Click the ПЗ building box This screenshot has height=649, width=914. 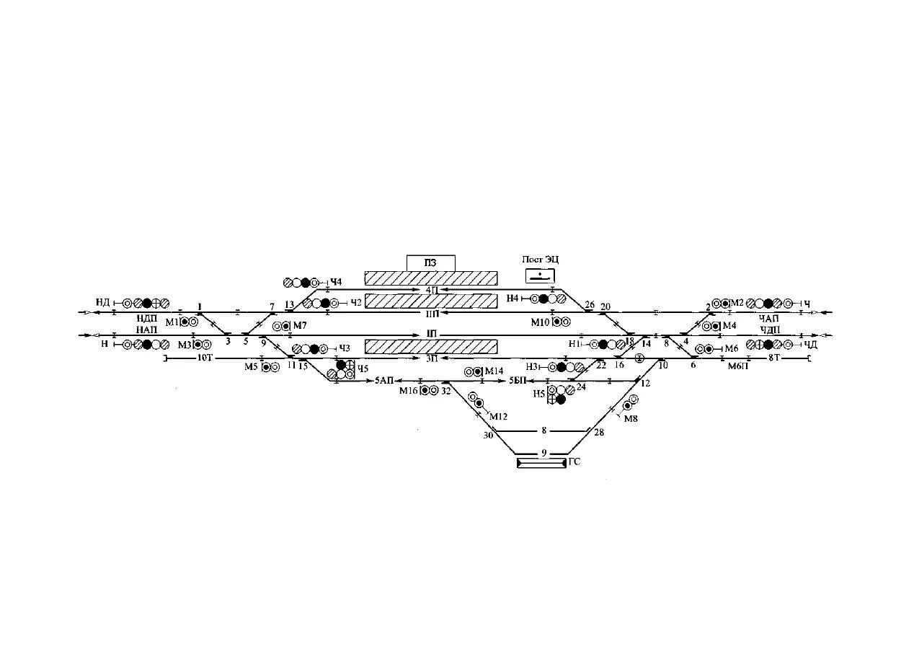tap(431, 262)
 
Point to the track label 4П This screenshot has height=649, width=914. tap(432, 289)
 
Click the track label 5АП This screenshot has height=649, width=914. tap(384, 380)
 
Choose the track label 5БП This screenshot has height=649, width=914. tap(518, 380)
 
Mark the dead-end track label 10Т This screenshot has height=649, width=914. tap(205, 358)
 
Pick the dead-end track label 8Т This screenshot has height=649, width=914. tap(774, 358)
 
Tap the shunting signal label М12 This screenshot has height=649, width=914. tap(499, 417)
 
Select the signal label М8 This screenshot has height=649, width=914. tap(631, 419)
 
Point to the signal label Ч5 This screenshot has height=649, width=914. tap(363, 369)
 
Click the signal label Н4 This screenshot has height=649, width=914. tap(513, 298)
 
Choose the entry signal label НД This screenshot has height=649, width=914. tap(103, 302)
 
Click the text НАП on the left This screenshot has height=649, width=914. tap(147, 329)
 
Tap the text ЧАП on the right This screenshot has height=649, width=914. tap(769, 318)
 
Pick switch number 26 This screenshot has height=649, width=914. tap(590, 306)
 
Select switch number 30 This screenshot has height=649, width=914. tap(488, 435)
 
